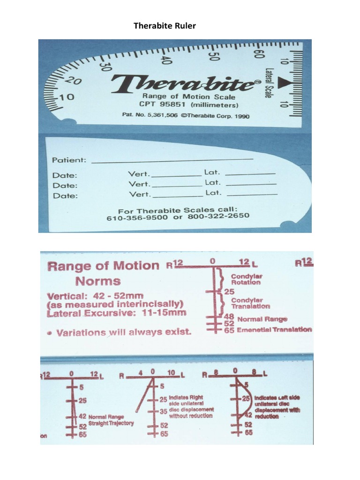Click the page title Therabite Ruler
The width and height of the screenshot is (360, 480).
[x=165, y=26]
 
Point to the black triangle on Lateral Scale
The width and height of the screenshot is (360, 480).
[x=284, y=83]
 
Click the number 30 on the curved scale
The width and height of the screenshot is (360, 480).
[x=105, y=65]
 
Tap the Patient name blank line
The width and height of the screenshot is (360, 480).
[x=172, y=160]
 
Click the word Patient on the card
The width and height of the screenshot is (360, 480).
[x=68, y=160]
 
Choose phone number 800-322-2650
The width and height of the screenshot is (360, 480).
[x=218, y=217]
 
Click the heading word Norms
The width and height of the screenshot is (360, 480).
[x=98, y=281]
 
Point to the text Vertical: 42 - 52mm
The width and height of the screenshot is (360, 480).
[x=95, y=296]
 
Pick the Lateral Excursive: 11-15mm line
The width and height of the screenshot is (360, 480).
[x=116, y=312]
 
